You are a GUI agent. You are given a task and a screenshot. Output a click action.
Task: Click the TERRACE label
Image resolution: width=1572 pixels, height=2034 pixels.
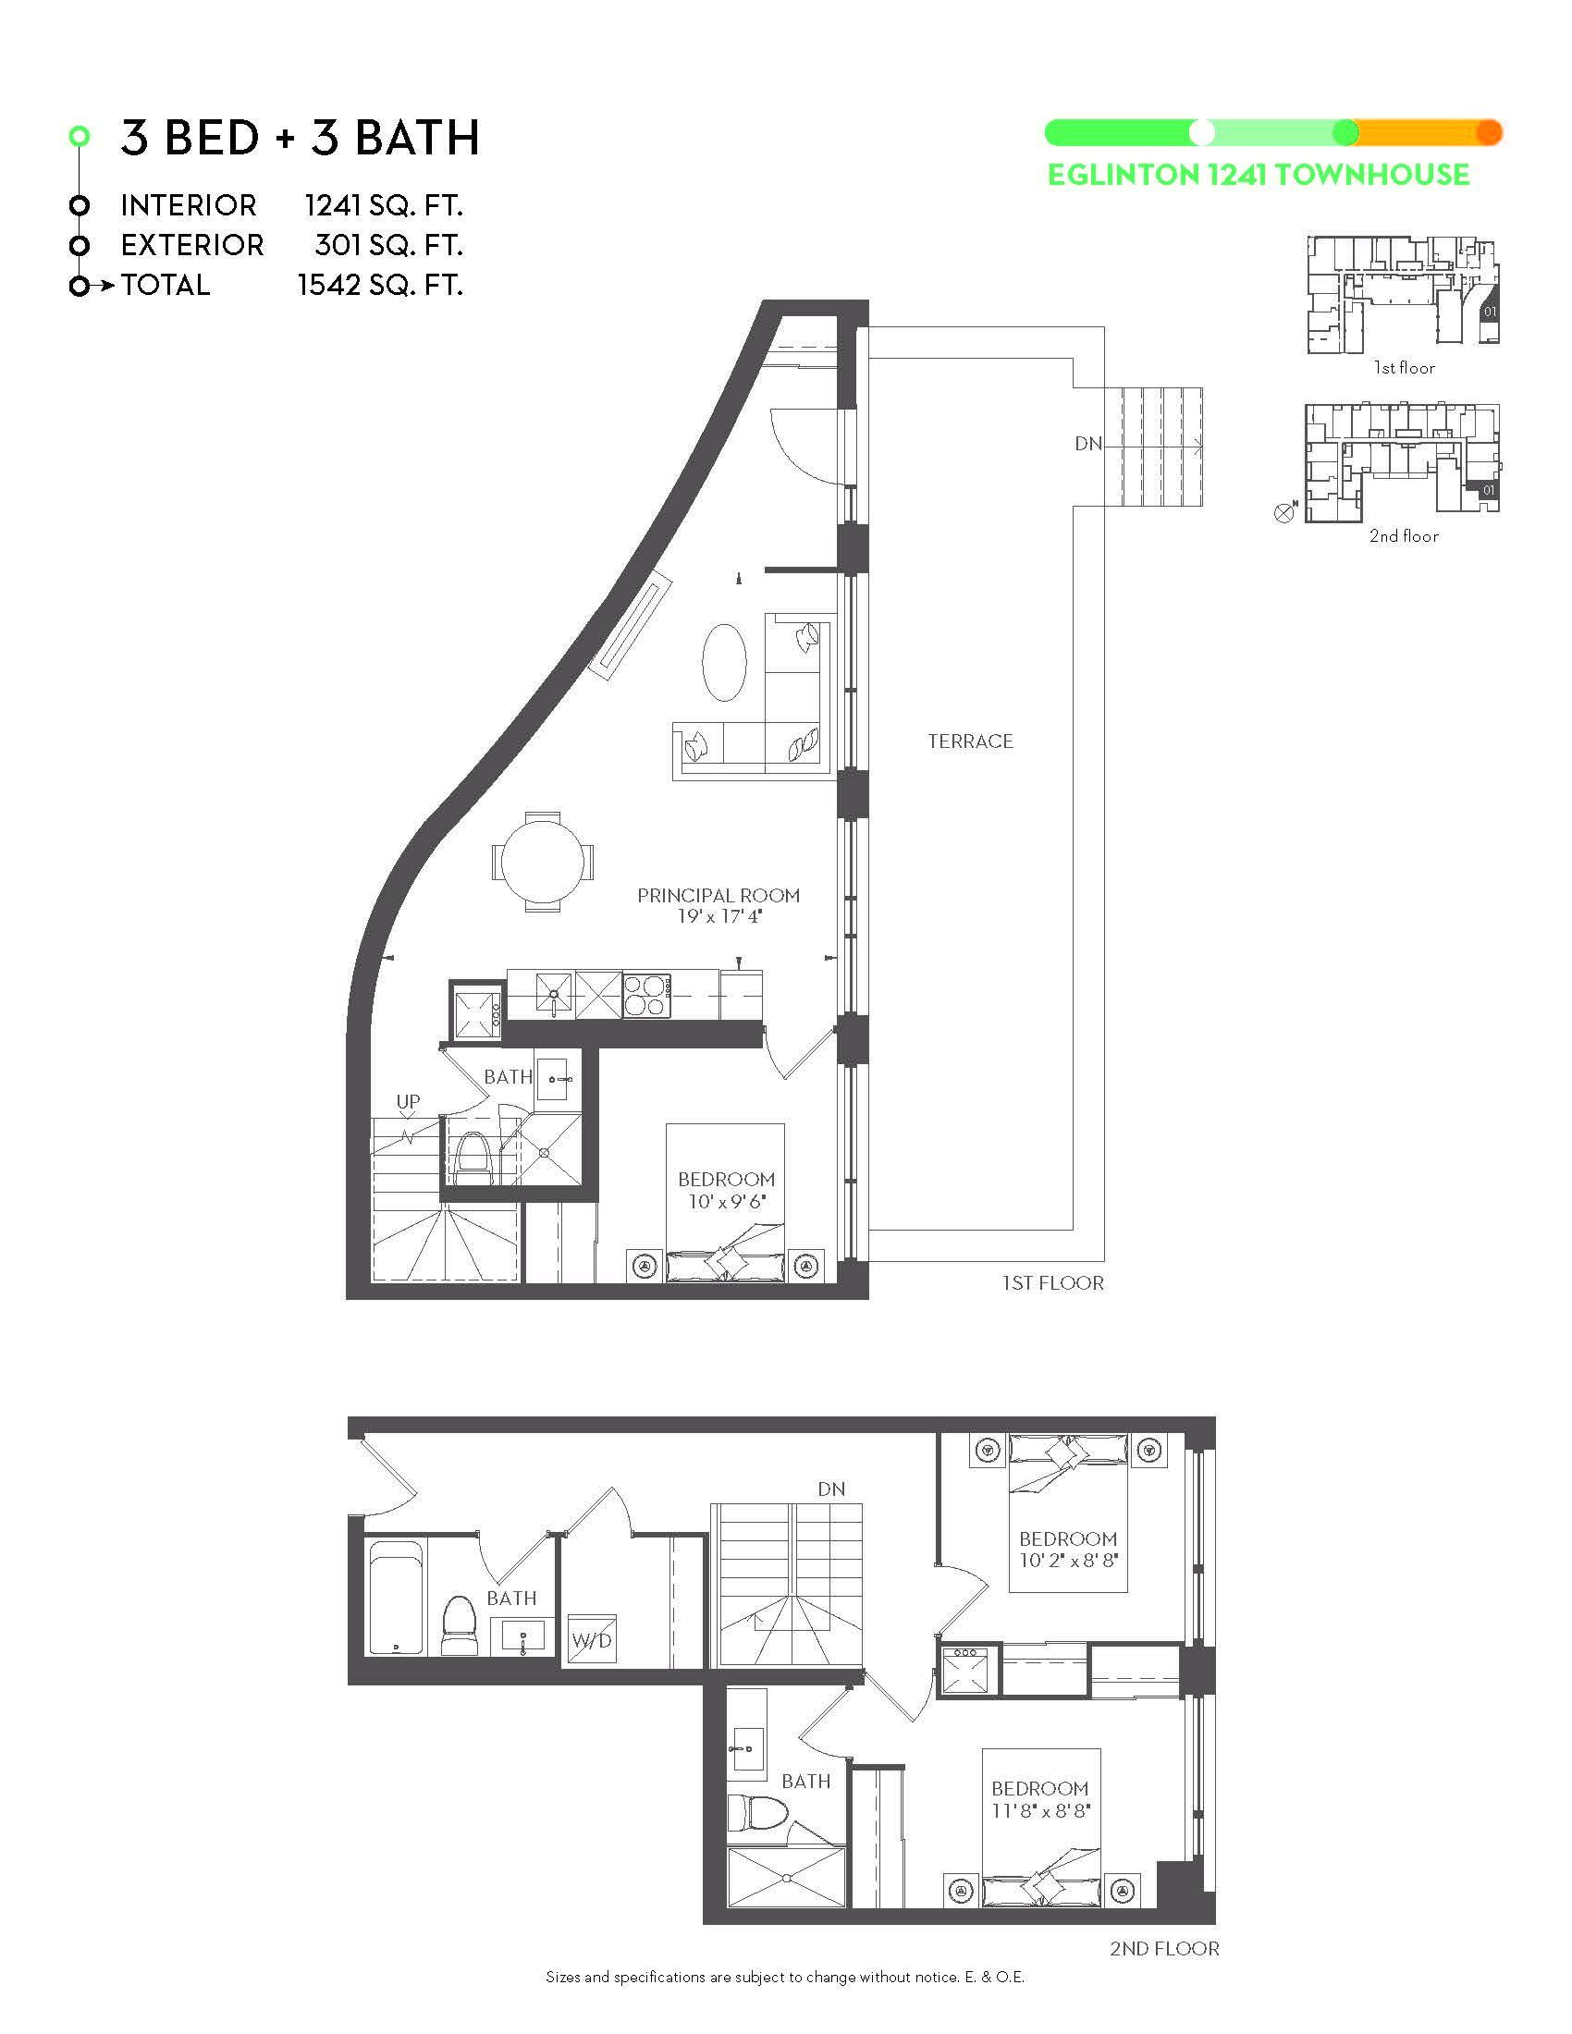(969, 741)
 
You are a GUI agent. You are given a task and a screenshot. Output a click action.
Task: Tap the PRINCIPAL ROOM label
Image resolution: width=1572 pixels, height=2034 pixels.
(718, 896)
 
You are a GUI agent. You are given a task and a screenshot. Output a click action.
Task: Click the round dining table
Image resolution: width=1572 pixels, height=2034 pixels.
(543, 861)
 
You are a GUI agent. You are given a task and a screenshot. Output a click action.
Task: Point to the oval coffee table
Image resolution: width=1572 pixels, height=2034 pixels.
(724, 662)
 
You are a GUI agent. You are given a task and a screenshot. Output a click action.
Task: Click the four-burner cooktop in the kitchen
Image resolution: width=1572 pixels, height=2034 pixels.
(646, 995)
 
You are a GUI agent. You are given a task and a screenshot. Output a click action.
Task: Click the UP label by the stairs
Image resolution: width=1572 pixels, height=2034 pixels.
(408, 1102)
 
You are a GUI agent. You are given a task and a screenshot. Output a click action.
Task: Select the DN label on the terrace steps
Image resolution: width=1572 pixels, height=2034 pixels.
(1087, 444)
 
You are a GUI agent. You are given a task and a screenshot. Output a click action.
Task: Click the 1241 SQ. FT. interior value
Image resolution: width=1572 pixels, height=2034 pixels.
(384, 205)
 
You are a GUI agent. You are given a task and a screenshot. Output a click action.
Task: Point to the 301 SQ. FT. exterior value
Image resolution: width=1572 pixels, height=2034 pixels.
(388, 245)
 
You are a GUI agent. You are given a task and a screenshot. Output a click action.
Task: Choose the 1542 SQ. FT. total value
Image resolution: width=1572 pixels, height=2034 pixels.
(380, 285)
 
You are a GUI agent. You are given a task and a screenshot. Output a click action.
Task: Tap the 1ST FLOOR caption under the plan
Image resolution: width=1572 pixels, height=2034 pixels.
(1052, 1283)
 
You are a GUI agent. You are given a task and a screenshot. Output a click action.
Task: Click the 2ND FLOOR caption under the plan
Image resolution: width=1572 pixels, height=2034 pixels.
(1164, 1948)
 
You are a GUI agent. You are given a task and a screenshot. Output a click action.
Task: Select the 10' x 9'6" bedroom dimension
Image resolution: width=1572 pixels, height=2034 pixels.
(726, 1201)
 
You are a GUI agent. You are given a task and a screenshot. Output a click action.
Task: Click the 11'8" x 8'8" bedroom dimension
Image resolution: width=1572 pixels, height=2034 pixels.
(1040, 1811)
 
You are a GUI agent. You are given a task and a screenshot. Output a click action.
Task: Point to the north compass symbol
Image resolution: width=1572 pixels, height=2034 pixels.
(1284, 512)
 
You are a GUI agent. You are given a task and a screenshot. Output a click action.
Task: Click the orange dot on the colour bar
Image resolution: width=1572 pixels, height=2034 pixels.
(1490, 132)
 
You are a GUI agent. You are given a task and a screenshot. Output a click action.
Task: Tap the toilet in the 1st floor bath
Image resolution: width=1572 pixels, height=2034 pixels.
(473, 1157)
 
